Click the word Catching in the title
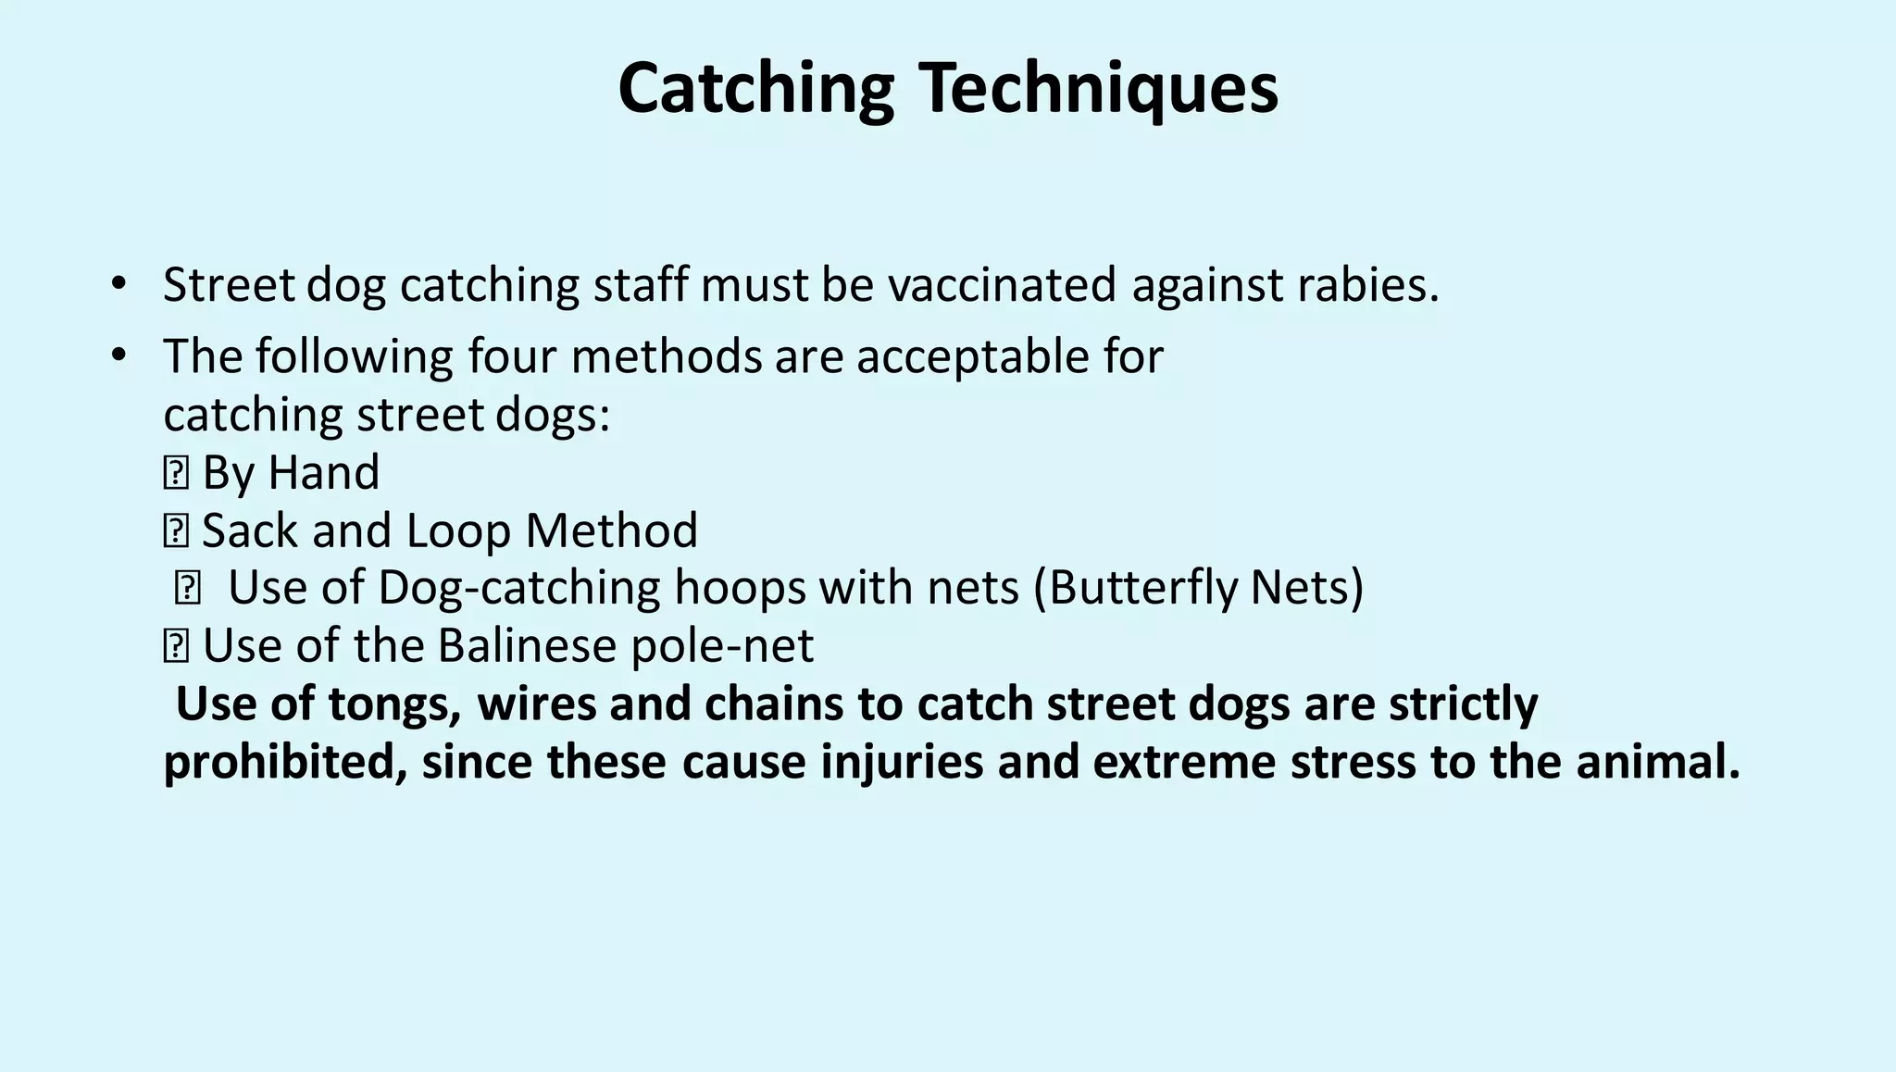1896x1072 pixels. tap(755, 88)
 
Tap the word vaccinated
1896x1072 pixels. tap(1002, 284)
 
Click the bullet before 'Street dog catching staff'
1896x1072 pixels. tap(118, 282)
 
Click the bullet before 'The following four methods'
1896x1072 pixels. tap(118, 355)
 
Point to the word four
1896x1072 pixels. tap(512, 356)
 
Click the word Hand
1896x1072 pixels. tap(323, 472)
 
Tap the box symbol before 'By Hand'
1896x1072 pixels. tap(175, 473)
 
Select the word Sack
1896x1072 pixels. tap(250, 530)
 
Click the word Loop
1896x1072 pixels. tap(458, 530)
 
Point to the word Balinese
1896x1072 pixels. tap(527, 645)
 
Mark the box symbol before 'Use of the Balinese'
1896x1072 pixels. tap(175, 646)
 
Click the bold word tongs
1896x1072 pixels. tap(394, 704)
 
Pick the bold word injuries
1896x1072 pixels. tap(901, 762)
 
